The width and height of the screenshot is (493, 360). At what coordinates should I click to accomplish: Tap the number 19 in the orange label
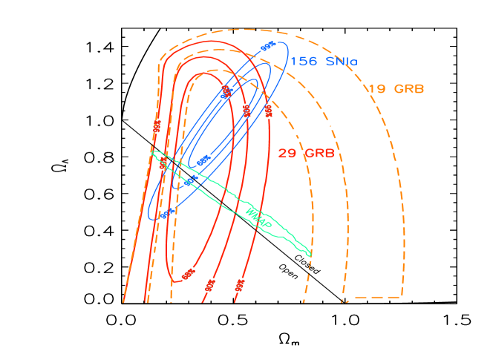(x=377, y=89)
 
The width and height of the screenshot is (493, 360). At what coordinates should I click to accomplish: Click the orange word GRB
(x=409, y=89)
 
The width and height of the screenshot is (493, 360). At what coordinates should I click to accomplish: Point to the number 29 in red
(x=287, y=154)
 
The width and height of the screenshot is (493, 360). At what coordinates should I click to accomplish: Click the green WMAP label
(x=258, y=217)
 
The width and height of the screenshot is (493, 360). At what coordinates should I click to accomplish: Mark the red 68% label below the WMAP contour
(x=188, y=274)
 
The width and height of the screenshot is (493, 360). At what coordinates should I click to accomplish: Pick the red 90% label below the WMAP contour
(x=211, y=284)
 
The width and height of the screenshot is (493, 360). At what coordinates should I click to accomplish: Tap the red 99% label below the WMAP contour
(x=240, y=284)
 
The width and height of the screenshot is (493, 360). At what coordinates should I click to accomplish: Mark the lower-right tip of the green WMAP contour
(x=310, y=255)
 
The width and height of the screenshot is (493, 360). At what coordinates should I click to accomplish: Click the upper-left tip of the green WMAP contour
(x=153, y=152)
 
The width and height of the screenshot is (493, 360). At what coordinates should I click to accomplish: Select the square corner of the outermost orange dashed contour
(x=402, y=297)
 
